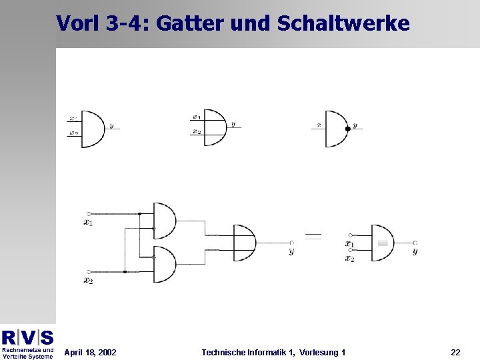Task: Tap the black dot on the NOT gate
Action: coord(347,128)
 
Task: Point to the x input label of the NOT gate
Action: coord(319,125)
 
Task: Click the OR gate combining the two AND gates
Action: coord(244,243)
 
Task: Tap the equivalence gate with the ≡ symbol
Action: coord(382,243)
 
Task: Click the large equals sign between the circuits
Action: coord(313,236)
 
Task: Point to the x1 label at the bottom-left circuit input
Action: coord(88,223)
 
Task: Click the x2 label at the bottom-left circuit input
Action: coord(88,281)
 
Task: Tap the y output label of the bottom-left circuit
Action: coord(291,251)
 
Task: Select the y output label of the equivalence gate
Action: coord(415,251)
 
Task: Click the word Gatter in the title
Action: coord(193,23)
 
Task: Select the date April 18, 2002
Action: coord(90,352)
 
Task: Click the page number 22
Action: coord(455,352)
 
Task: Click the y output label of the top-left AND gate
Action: coord(111,125)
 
